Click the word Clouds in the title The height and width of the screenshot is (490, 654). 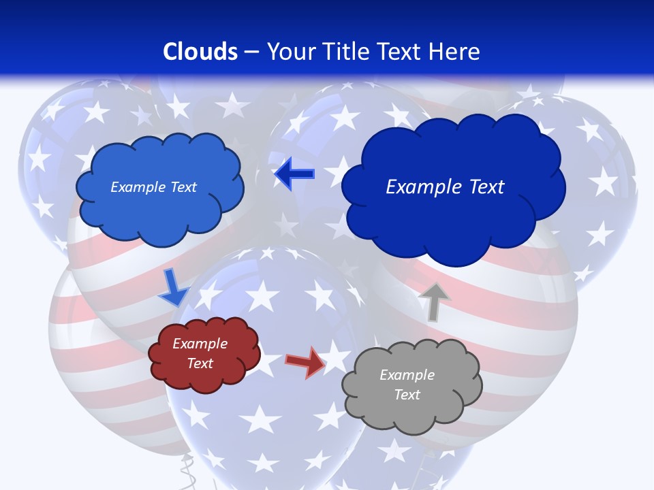(x=200, y=51)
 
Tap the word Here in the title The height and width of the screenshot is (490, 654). (x=455, y=51)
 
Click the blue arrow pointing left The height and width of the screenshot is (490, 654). (x=294, y=174)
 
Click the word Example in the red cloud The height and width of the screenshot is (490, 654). (x=200, y=344)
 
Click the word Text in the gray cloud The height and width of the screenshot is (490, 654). (x=407, y=395)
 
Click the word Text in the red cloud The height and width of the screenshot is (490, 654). (x=200, y=363)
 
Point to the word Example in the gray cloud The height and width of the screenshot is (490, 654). (x=407, y=375)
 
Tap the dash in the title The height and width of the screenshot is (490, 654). (x=250, y=52)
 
